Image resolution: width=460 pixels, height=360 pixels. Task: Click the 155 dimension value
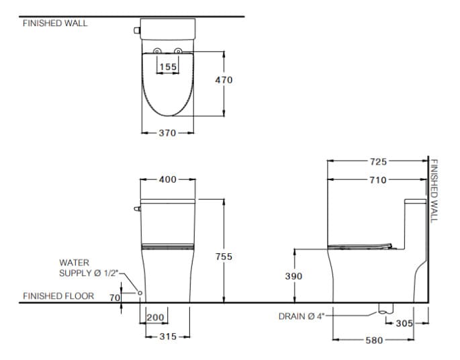(x=168, y=66)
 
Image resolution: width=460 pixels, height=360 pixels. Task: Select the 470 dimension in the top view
(x=224, y=80)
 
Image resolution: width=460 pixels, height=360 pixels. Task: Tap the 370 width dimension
(x=167, y=133)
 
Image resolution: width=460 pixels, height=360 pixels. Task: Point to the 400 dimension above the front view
(x=167, y=180)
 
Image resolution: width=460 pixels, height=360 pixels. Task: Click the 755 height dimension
(x=224, y=257)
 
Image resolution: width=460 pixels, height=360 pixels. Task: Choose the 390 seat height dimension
(x=293, y=276)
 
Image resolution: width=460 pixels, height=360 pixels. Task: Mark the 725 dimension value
(x=378, y=161)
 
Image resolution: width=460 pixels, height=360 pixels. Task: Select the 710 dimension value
(x=378, y=180)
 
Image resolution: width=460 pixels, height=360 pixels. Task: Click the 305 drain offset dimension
(x=404, y=323)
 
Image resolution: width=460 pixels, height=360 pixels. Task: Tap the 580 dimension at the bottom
(x=373, y=341)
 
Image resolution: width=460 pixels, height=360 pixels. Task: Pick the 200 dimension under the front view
(x=156, y=318)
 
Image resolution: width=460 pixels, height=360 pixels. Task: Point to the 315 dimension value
(x=167, y=336)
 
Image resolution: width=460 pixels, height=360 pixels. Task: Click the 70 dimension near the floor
(x=114, y=298)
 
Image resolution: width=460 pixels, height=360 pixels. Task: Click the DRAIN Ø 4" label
(x=301, y=316)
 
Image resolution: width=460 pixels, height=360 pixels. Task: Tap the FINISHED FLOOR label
(x=58, y=296)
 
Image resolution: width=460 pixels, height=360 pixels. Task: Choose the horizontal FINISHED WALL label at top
(x=55, y=23)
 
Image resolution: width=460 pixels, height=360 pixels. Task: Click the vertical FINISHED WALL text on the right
(x=434, y=191)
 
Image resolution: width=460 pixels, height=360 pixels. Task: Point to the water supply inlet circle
(x=139, y=293)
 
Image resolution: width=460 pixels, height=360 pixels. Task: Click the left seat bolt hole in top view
(x=156, y=52)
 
